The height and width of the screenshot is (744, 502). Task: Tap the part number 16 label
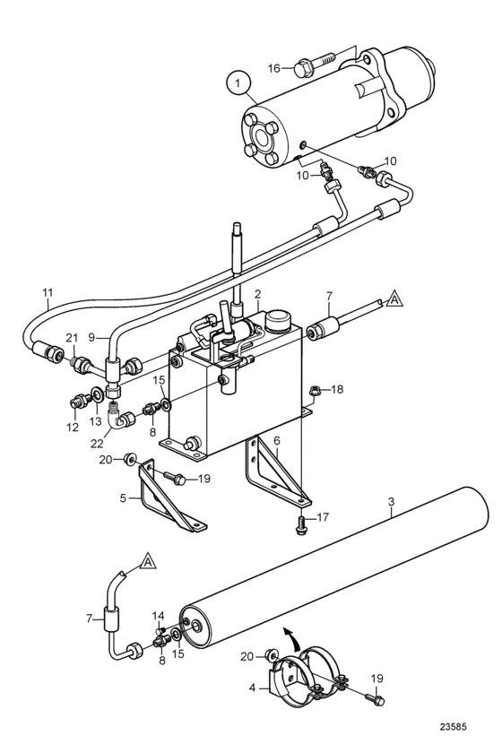(273, 69)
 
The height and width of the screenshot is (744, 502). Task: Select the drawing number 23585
(453, 726)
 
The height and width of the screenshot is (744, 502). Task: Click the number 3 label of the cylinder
(391, 501)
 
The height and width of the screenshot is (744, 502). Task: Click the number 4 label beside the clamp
(252, 687)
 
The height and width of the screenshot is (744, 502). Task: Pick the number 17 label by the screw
(322, 516)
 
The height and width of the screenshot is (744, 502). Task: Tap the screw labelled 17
(300, 525)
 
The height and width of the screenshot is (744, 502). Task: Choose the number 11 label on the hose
(48, 293)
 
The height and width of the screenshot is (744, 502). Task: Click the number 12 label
(72, 428)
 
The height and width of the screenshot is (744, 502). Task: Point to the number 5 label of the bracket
(124, 498)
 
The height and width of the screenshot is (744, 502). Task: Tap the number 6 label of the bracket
(277, 441)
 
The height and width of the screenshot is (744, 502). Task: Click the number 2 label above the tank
(257, 294)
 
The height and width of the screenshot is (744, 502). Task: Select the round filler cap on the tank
(279, 321)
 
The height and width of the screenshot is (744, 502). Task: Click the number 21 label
(71, 338)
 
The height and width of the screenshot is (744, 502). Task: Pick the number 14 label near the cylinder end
(158, 616)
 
